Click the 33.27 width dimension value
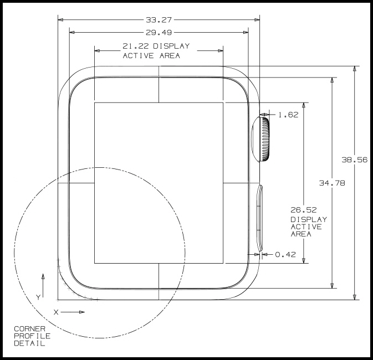point(159,19)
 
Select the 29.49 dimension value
point(159,32)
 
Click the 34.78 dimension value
point(331,183)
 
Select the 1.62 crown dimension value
point(288,115)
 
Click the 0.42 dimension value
point(286,255)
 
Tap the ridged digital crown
point(261,138)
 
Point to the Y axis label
point(38,297)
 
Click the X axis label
point(56,312)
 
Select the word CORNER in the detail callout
point(29,329)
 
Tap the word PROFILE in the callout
point(32,336)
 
